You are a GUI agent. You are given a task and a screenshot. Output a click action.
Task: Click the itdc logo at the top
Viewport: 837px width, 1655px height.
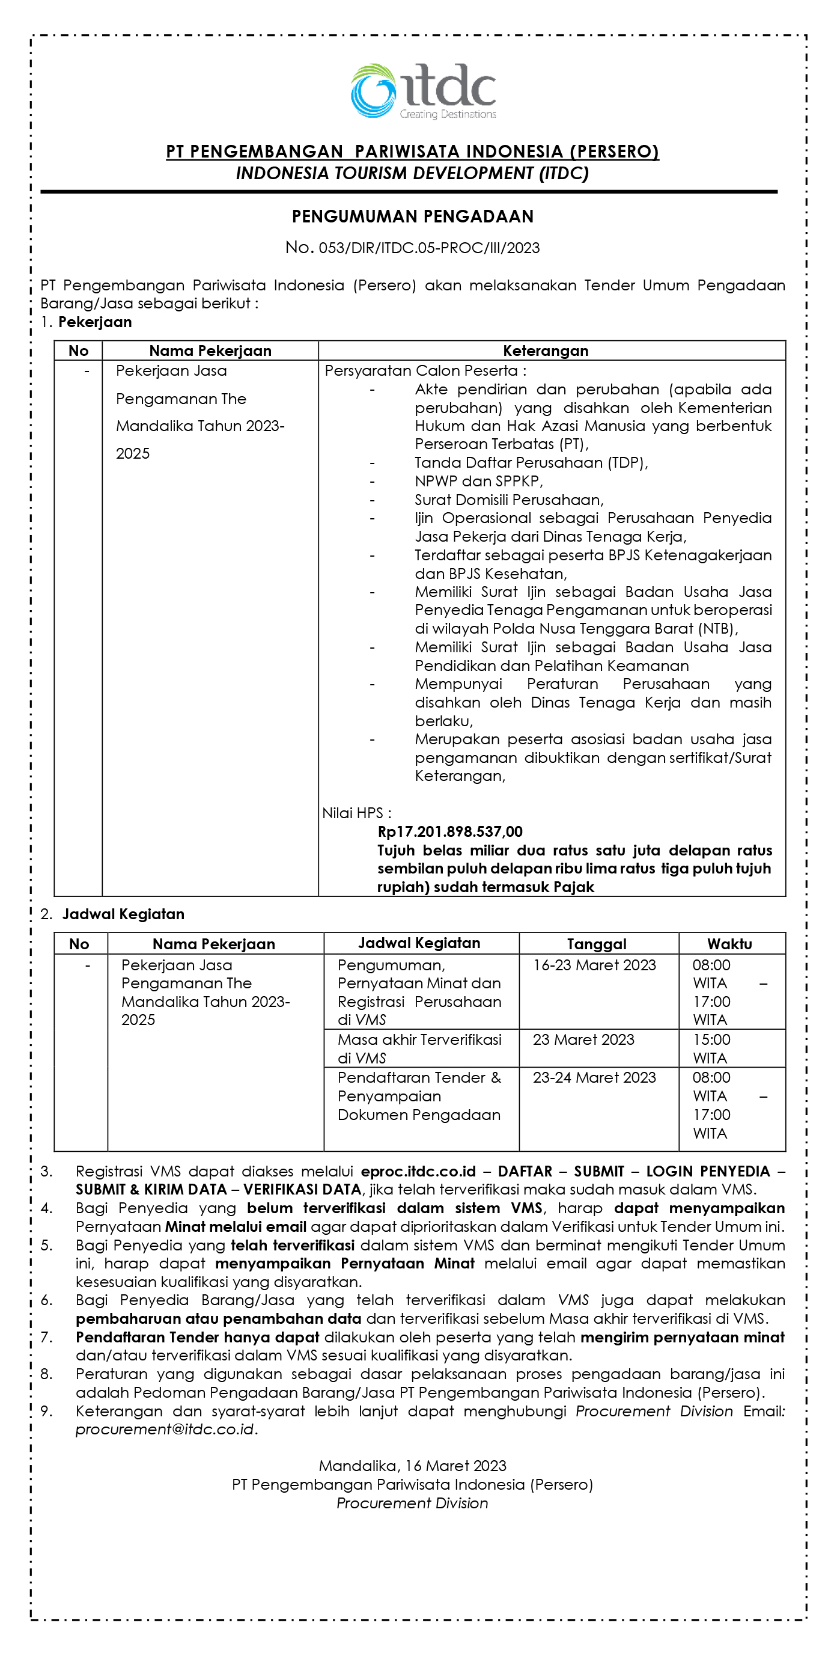[424, 91]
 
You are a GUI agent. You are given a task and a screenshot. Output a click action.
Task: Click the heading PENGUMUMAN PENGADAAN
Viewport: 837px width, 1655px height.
[412, 216]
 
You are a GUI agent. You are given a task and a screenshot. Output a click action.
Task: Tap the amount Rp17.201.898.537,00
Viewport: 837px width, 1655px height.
[449, 832]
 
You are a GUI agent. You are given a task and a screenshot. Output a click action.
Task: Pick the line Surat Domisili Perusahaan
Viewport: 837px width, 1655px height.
[509, 500]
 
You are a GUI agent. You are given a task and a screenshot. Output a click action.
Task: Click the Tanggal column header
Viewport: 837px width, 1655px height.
[596, 944]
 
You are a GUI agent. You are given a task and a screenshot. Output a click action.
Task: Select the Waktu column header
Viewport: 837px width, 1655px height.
[729, 944]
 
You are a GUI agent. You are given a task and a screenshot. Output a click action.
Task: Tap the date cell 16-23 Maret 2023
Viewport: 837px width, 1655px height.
[594, 965]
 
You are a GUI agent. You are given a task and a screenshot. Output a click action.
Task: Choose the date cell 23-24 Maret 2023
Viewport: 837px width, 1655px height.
[594, 1077]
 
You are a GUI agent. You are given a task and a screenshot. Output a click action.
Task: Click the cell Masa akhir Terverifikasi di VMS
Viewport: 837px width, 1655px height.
[419, 1048]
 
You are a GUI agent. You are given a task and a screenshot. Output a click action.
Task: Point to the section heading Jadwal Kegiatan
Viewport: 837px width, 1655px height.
[123, 914]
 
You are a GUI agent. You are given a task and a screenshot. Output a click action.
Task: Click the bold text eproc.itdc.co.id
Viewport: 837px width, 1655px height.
[418, 1171]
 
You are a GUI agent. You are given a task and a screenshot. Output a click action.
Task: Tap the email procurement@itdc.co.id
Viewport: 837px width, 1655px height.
[165, 1430]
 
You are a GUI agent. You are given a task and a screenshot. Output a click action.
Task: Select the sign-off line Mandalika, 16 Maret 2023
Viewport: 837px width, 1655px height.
[412, 1466]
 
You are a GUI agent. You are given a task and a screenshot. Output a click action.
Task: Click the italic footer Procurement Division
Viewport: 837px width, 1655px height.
[412, 1504]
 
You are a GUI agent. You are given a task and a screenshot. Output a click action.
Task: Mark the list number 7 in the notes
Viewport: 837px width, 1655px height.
[46, 1338]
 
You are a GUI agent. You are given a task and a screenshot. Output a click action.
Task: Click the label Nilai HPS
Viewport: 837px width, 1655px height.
[356, 813]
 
